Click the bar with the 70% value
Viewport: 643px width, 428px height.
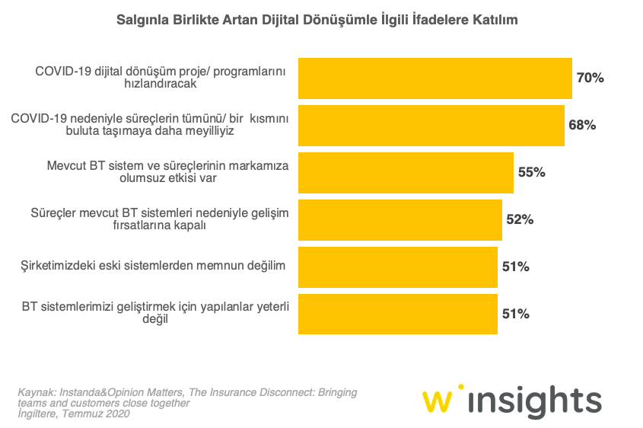coord(435,78)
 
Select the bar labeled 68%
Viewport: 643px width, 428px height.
coord(431,125)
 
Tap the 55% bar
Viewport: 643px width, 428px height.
coord(406,172)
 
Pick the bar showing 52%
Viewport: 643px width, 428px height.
coord(399,219)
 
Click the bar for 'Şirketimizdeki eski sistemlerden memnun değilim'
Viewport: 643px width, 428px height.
coord(397,267)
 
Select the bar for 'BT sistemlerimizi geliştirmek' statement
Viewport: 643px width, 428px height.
coord(397,314)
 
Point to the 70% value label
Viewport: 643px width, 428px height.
coord(590,78)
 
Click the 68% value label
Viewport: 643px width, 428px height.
coord(582,125)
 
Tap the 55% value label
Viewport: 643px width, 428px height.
coord(532,172)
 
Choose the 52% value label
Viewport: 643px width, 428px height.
coord(520,219)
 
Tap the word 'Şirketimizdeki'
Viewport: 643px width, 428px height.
coord(59,266)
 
